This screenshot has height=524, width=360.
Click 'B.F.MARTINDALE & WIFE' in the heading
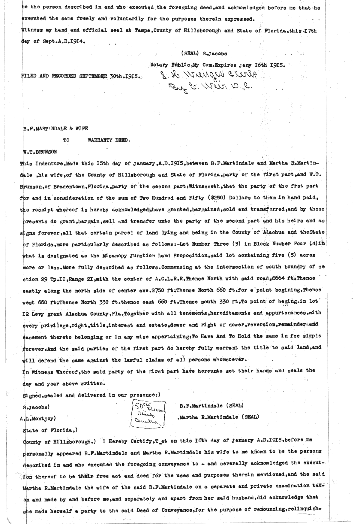pos(55,129)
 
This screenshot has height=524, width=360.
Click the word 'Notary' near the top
pos(159,65)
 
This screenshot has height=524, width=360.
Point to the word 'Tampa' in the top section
pos(143,31)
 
